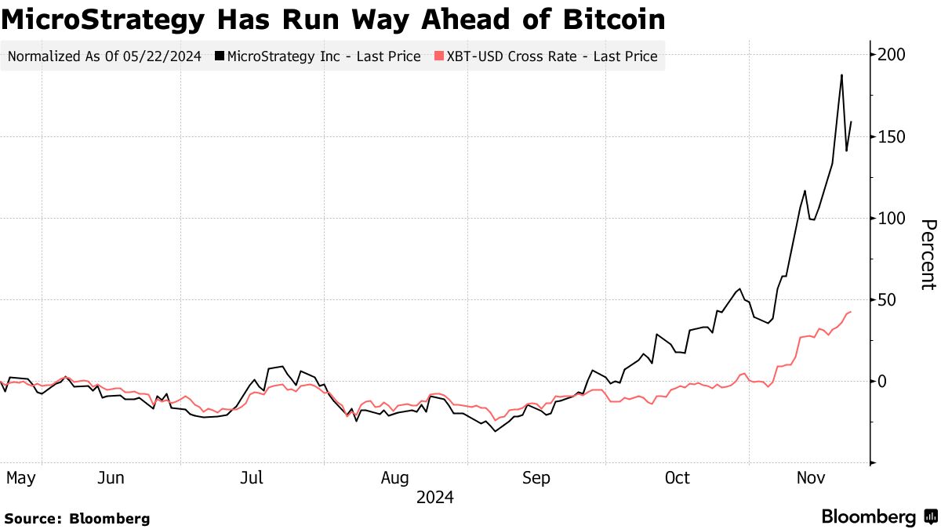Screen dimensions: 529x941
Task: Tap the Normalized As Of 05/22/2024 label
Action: coord(104,56)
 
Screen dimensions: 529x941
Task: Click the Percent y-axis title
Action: coord(927,255)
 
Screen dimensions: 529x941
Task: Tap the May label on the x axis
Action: coord(20,477)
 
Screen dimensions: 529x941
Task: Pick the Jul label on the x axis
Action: coord(252,477)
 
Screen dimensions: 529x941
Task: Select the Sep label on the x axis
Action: coord(536,477)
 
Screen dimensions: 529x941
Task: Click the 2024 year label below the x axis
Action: coord(434,498)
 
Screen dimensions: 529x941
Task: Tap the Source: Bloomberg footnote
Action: coord(77,518)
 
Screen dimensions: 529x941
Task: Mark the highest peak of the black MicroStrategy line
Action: coord(841,75)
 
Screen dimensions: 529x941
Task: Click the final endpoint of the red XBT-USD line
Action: coord(851,312)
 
